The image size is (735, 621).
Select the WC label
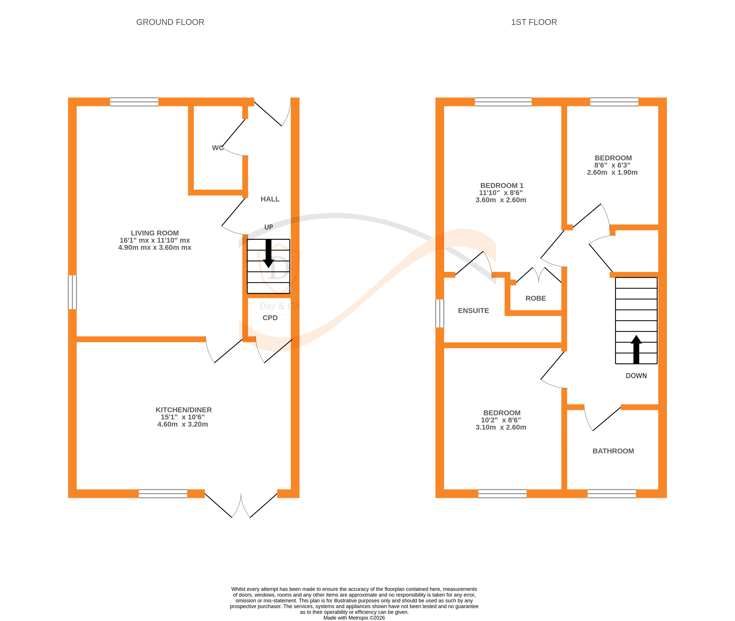(217, 148)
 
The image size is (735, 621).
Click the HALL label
(270, 199)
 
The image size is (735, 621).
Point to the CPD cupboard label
(270, 318)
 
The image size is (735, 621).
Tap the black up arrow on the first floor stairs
(636, 349)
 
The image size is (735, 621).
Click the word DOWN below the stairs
(636, 376)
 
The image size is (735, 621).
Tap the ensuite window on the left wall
(439, 313)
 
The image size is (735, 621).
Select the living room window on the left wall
(72, 292)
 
